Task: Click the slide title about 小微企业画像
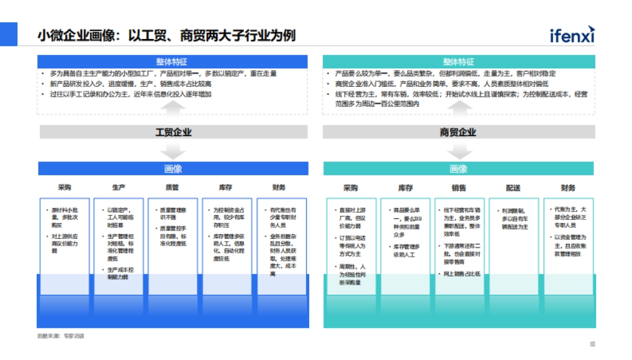(x=166, y=36)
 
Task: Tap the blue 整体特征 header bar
(x=172, y=62)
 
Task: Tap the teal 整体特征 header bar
(x=458, y=62)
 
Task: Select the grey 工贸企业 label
(x=173, y=132)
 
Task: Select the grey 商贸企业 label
(x=458, y=132)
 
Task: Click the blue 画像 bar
(x=173, y=169)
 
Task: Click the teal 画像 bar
(x=458, y=169)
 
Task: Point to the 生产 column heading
(x=118, y=187)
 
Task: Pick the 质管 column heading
(x=172, y=187)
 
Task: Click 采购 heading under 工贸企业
(x=64, y=187)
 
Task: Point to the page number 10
(x=592, y=344)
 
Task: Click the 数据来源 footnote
(x=61, y=336)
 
